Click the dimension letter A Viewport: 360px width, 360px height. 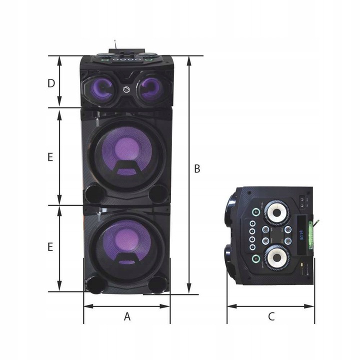click(127, 316)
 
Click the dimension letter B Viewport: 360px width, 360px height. click(197, 169)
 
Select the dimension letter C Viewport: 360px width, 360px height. click(271, 316)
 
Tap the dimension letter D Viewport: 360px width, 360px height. click(51, 83)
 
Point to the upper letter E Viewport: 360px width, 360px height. click(50, 157)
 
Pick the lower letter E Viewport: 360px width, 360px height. click(50, 247)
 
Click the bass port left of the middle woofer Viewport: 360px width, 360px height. click(93, 192)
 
